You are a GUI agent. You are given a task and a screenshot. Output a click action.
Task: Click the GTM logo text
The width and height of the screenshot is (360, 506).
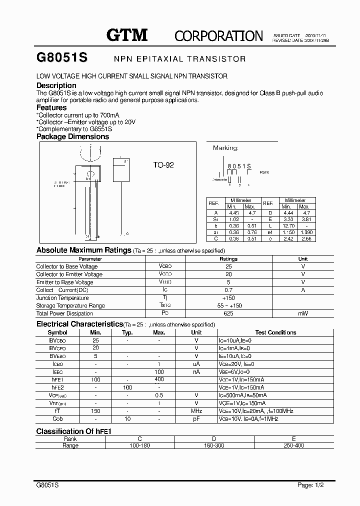pos(127,34)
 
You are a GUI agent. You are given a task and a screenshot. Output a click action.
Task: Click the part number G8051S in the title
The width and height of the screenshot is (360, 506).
pos(62,58)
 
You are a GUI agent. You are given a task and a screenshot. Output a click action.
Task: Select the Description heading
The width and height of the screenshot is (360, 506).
pos(56,85)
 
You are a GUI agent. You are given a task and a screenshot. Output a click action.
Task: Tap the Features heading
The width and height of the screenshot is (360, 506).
pos(51,107)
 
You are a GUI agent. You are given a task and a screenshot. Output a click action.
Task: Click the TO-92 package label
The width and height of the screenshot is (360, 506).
pos(163,164)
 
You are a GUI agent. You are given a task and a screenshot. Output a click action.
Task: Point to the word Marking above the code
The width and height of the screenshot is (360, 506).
pos(225,148)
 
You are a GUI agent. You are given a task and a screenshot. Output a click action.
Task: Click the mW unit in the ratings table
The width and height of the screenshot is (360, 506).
pos(303,313)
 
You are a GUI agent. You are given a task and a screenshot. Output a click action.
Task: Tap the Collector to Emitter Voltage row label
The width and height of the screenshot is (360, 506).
pos(69,274)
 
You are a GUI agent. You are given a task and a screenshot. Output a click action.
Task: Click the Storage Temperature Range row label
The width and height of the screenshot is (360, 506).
pos(70,305)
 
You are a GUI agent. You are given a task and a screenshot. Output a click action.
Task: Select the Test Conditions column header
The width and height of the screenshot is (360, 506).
pos(275,332)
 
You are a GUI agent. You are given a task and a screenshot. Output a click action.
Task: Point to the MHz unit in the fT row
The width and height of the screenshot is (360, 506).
pos(196,411)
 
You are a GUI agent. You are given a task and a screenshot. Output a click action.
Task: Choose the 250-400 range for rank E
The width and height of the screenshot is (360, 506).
pos(293,445)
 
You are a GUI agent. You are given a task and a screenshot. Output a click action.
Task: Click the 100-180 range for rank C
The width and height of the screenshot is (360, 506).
pos(139,445)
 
